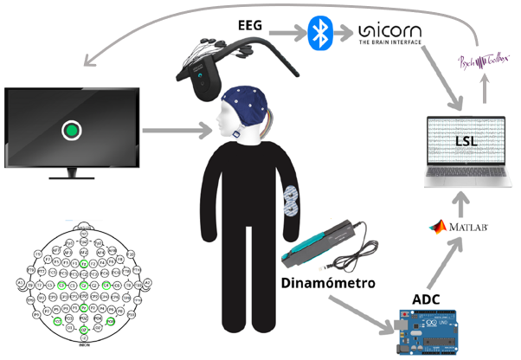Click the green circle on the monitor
[x=72, y=131]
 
